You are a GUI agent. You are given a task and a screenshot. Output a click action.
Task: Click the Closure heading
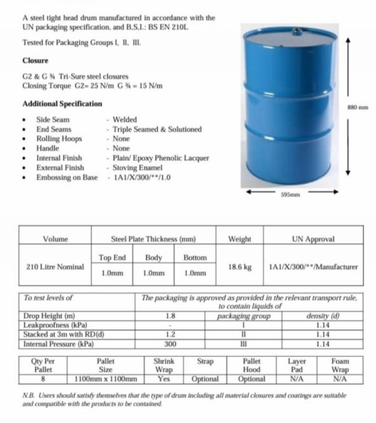(35, 61)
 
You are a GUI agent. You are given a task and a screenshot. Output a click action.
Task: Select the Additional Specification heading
(62, 104)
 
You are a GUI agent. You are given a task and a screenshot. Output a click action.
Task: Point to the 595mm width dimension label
(291, 194)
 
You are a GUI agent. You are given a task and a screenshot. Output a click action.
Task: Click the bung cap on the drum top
(297, 31)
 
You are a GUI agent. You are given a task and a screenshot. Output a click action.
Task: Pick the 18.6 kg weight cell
(240, 267)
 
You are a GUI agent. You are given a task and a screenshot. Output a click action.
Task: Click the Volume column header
(55, 239)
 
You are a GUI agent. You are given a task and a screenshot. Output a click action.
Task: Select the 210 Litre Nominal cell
(55, 267)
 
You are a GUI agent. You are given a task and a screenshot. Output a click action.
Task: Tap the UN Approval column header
(313, 239)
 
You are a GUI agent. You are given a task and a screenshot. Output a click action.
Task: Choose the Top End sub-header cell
(112, 258)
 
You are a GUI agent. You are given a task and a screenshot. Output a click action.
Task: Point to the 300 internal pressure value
(170, 344)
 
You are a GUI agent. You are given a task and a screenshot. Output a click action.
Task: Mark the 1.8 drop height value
(170, 316)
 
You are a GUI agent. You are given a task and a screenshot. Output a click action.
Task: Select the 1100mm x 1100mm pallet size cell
(106, 379)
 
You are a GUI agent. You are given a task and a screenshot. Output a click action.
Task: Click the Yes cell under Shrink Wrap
(164, 379)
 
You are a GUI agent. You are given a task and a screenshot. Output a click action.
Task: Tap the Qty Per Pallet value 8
(43, 379)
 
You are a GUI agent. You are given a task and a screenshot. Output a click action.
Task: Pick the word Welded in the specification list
(125, 120)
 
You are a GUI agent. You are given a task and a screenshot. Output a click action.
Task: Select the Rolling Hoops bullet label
(59, 139)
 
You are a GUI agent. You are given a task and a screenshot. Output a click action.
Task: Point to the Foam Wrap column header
(340, 365)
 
